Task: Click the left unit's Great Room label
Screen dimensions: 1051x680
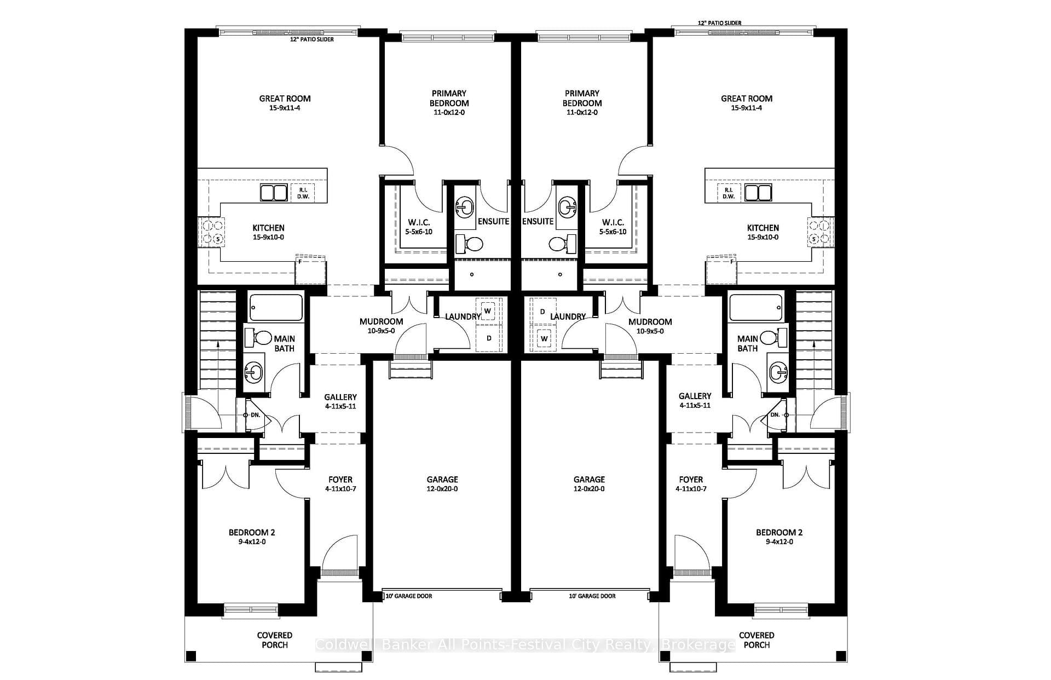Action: point(285,99)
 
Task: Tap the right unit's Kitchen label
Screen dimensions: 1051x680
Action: point(763,228)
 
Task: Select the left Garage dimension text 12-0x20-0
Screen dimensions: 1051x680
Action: point(442,489)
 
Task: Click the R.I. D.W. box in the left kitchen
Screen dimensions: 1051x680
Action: point(303,193)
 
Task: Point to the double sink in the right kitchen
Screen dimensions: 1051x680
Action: point(757,193)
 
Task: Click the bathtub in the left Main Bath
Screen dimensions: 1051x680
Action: point(276,308)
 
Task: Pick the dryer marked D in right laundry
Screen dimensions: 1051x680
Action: point(542,312)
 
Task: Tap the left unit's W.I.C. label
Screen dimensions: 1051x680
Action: point(419,222)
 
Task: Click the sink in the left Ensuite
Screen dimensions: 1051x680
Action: point(465,208)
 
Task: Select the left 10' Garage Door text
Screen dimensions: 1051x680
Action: point(409,596)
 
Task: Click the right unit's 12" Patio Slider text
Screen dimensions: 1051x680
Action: point(720,23)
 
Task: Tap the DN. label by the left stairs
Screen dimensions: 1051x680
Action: point(256,415)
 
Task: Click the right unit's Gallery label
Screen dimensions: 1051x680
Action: point(695,396)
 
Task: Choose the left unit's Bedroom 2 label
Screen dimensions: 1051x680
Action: point(252,532)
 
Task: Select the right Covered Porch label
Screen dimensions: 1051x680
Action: point(757,640)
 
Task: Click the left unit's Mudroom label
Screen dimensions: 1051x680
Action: point(382,321)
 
